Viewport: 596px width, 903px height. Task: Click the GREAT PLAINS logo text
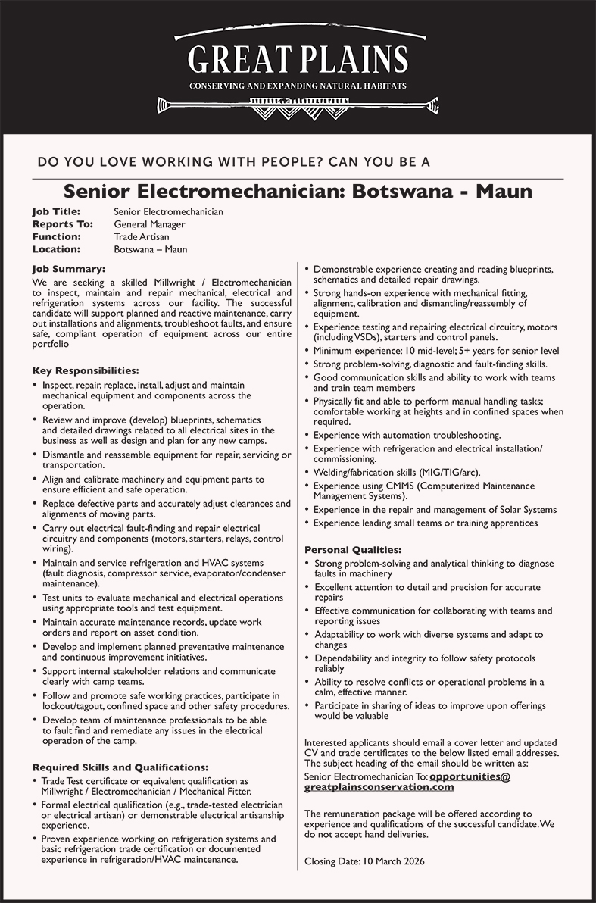(298, 59)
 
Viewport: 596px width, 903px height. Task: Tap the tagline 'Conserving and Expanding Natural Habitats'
(298, 86)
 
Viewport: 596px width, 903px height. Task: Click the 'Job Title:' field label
(56, 211)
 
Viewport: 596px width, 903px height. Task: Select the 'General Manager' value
(149, 224)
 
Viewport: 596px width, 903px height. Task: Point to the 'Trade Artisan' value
(142, 236)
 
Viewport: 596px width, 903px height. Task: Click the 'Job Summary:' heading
(68, 268)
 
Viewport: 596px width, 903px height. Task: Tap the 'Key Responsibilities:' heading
(86, 371)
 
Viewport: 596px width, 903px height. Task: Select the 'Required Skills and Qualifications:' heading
(120, 767)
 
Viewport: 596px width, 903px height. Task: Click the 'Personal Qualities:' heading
(353, 549)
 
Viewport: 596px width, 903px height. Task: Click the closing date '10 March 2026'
(393, 861)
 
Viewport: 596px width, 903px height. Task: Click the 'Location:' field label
(56, 249)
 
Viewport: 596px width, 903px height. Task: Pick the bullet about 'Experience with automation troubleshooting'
(407, 436)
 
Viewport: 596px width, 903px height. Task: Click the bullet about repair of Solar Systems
(435, 510)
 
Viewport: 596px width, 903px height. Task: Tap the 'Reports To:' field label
(62, 224)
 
